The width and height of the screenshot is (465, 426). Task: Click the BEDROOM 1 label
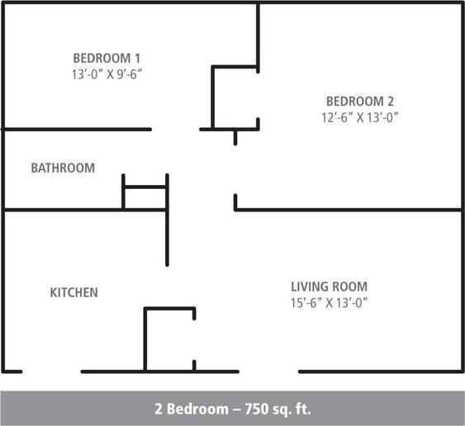point(107,58)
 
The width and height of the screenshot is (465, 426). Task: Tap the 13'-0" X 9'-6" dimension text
point(107,73)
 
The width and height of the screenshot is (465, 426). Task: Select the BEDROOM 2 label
point(360,102)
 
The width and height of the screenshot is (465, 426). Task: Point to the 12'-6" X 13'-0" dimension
point(360,117)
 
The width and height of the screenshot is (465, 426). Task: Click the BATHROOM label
point(63,168)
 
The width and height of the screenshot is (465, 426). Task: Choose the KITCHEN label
point(74,292)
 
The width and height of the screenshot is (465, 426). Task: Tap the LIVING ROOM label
point(329,286)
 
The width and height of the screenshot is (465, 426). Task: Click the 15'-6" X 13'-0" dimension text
point(329,302)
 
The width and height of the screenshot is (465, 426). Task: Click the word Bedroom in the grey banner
point(192,409)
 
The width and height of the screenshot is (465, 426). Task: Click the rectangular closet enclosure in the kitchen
point(169,339)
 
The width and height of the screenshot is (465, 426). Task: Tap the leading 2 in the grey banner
point(159,409)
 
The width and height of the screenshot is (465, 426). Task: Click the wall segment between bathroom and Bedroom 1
point(76,129)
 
